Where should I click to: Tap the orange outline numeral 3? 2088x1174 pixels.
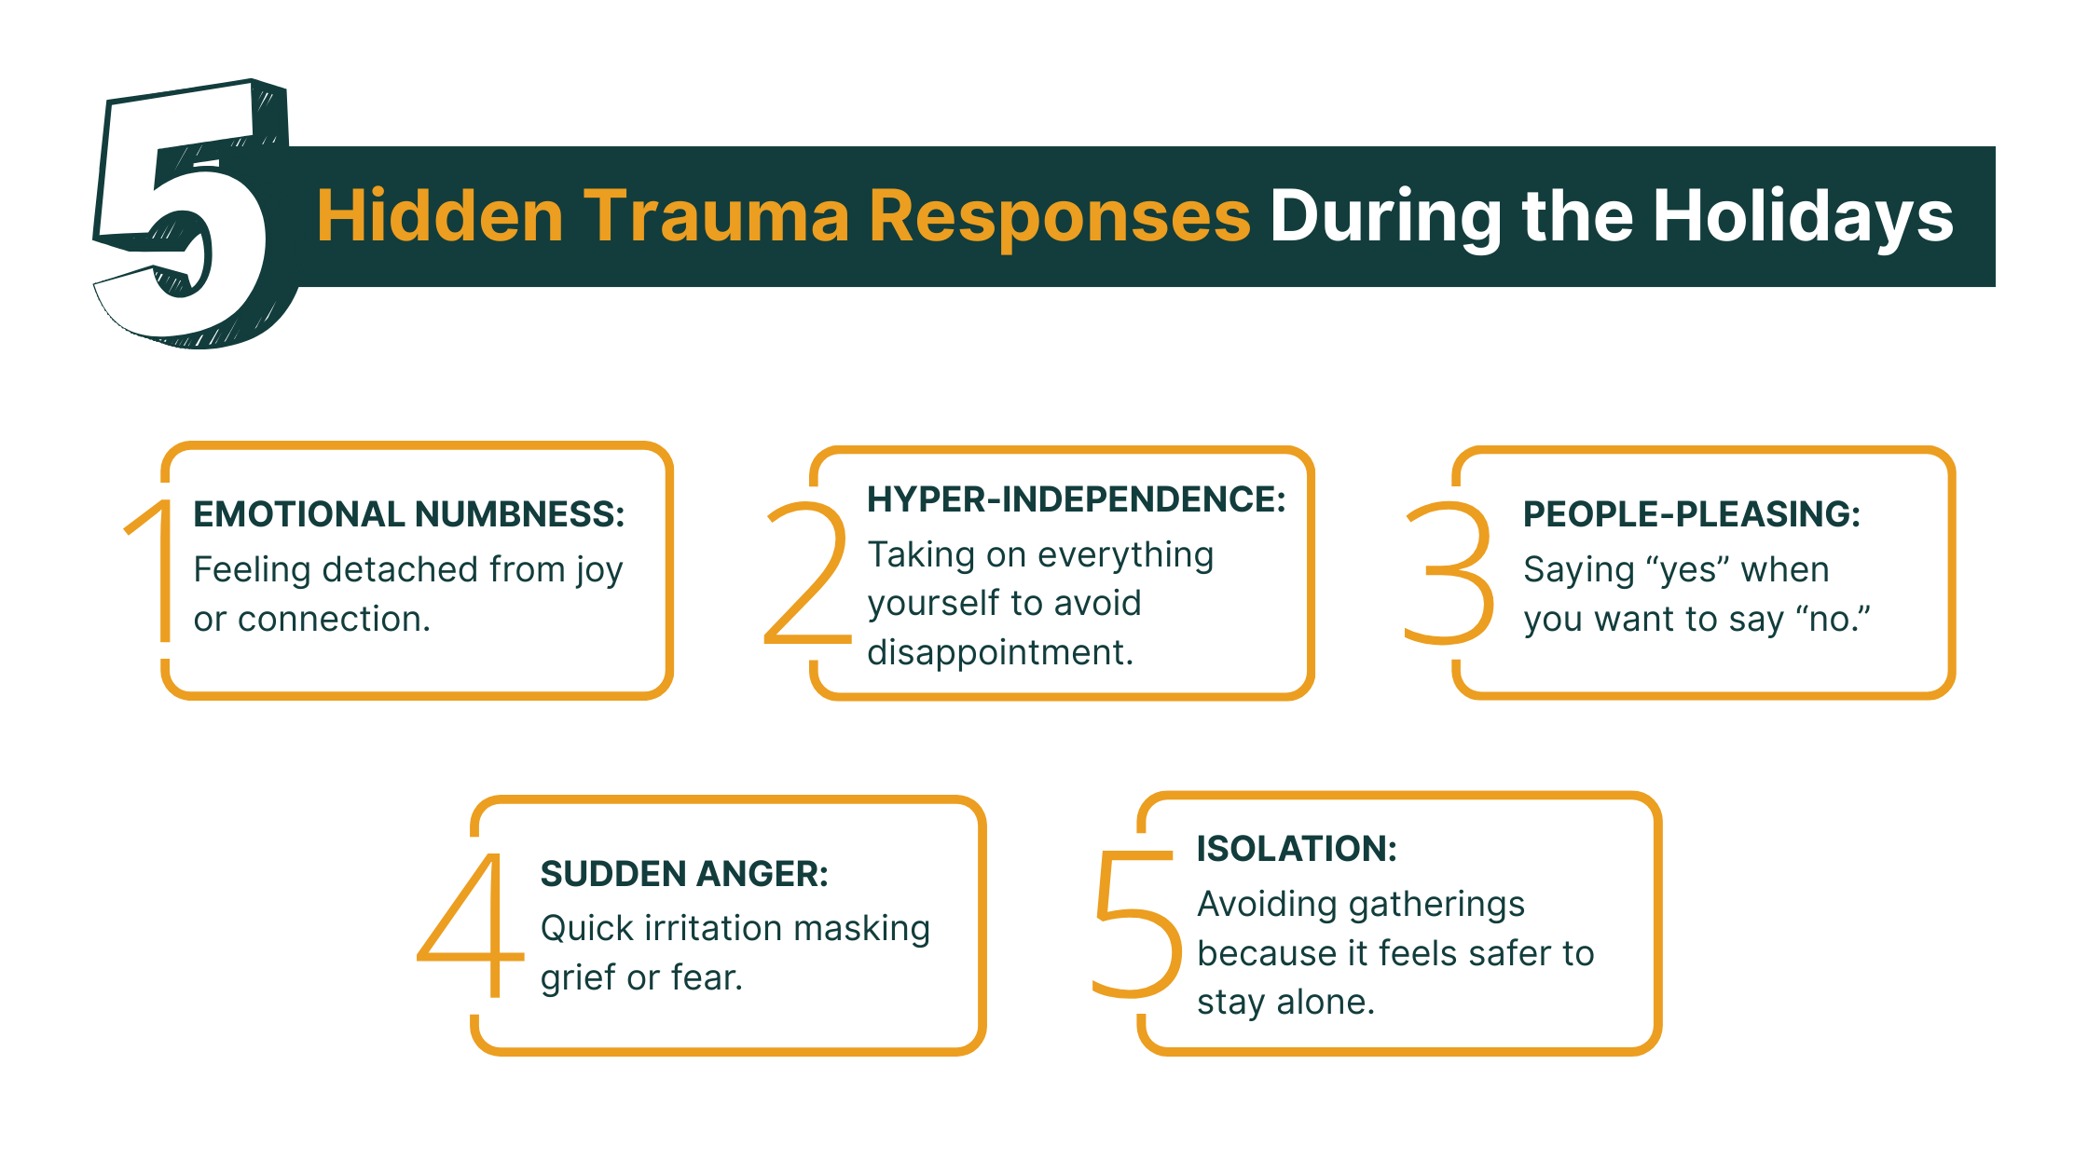[1449, 573]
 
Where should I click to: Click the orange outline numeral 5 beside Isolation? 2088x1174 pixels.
[1135, 922]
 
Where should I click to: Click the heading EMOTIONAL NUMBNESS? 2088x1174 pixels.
[408, 514]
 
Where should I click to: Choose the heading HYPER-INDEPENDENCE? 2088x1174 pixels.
[1076, 499]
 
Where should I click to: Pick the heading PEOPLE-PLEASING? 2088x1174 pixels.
[1691, 514]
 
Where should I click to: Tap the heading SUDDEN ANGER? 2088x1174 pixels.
[683, 874]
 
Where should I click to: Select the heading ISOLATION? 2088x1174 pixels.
[1297, 849]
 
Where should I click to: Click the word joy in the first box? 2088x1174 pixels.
[598, 570]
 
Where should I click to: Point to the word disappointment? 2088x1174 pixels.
[999, 652]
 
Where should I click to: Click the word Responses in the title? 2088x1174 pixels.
[1059, 216]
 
